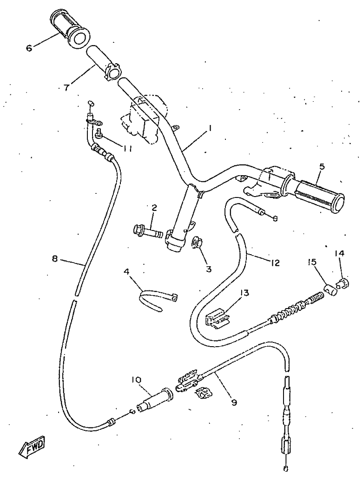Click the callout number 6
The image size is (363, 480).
click(29, 48)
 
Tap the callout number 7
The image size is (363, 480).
click(66, 86)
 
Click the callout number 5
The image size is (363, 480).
click(322, 166)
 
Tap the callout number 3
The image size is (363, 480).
click(208, 269)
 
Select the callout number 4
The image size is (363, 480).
click(126, 271)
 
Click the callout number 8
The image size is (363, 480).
click(55, 259)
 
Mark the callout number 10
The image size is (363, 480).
click(136, 380)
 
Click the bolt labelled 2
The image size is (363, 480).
click(147, 230)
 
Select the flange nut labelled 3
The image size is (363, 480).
click(197, 243)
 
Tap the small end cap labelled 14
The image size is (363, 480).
click(343, 282)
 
